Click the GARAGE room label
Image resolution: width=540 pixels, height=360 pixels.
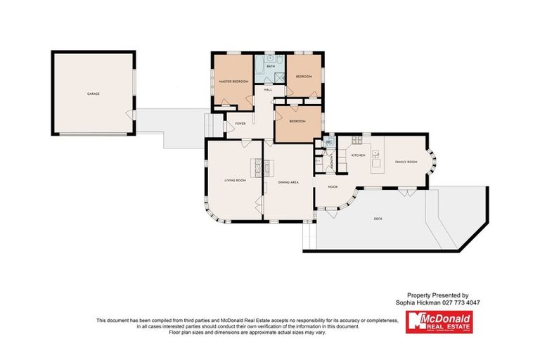(x=93, y=94)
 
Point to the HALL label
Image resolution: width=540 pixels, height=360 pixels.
(x=268, y=90)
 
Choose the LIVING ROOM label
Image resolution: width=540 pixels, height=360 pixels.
(x=235, y=181)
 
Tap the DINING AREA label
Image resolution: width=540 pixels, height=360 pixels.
(x=288, y=183)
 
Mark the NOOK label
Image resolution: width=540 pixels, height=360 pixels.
(x=333, y=187)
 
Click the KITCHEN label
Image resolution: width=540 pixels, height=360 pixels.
(x=357, y=155)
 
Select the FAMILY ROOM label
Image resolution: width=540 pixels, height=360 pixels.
(x=406, y=162)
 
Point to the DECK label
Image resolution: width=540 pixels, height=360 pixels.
(x=378, y=219)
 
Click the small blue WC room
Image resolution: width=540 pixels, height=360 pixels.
(x=328, y=143)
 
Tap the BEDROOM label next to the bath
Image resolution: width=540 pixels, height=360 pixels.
(x=304, y=76)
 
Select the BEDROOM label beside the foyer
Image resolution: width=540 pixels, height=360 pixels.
(x=297, y=121)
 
